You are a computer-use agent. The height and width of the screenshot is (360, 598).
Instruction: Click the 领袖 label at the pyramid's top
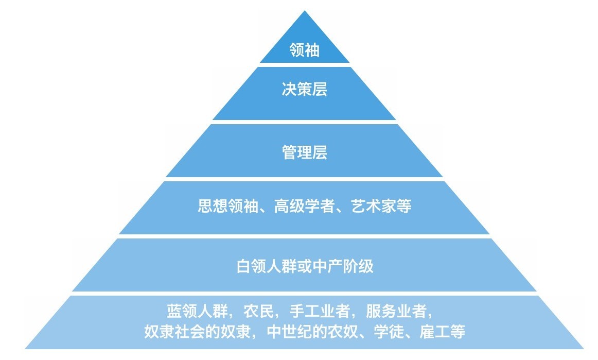(x=304, y=50)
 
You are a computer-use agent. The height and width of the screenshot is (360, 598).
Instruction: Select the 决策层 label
(x=304, y=90)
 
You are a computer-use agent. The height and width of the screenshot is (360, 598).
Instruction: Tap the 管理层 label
(x=304, y=152)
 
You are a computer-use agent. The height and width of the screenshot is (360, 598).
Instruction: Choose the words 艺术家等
(x=381, y=207)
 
